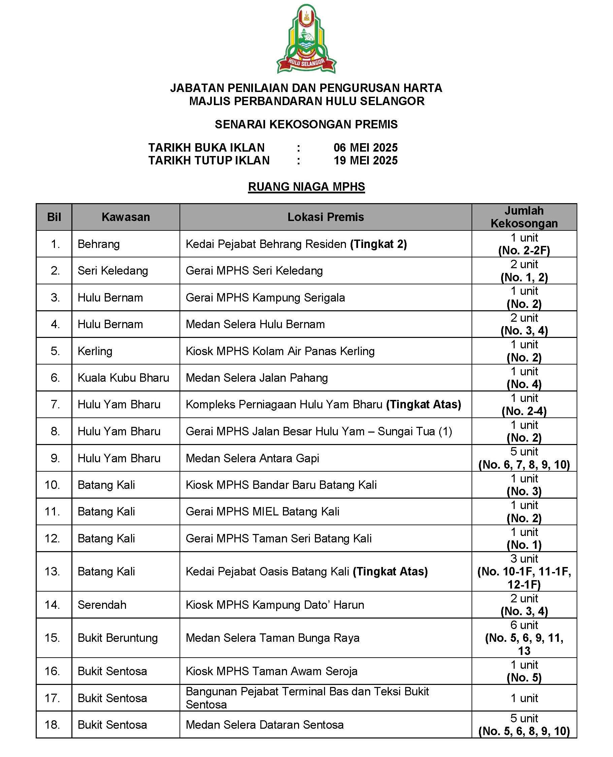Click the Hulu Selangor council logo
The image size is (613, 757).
coord(306,39)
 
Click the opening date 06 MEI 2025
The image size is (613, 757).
coord(365,148)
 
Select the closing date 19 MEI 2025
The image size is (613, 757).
coord(365,161)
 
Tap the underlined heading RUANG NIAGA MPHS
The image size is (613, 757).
coord(306,187)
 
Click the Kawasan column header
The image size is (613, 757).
coord(126,217)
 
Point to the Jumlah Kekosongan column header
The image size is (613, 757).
coord(524,217)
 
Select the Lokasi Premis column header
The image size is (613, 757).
coord(326,217)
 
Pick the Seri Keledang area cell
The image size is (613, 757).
coord(112,271)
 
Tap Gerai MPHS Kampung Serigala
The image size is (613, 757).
coord(265,298)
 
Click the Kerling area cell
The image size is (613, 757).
coord(95,351)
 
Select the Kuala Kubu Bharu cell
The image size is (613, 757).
coord(123,378)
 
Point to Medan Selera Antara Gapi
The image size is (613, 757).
coord(252,459)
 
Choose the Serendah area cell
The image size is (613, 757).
coord(102,605)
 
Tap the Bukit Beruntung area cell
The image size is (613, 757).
coord(118,638)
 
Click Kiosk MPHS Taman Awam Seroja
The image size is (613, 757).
coord(271,671)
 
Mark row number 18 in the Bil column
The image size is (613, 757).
coord(52,725)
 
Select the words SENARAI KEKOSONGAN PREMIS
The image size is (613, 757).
coord(306,124)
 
